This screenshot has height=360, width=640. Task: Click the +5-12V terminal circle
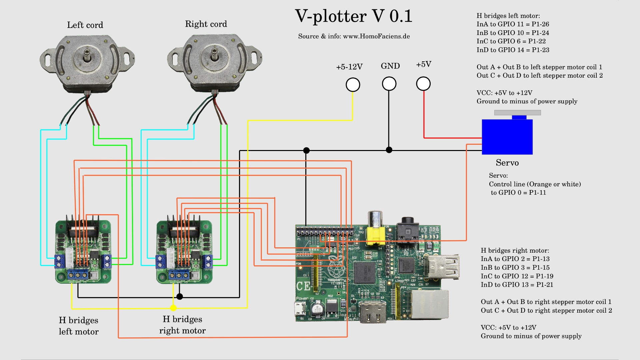[353, 85]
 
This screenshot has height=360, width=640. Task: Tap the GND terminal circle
[389, 84]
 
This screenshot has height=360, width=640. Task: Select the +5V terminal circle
[423, 84]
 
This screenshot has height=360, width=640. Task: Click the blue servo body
[507, 137]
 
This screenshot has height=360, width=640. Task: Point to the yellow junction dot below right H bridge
[173, 308]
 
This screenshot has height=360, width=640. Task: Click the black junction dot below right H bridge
[180, 296]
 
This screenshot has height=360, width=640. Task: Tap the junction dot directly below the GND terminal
[389, 150]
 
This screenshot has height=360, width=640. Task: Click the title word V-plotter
[331, 16]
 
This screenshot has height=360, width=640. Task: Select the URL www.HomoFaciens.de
[376, 36]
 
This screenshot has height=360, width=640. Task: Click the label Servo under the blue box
[507, 163]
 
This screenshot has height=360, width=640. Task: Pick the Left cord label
[85, 25]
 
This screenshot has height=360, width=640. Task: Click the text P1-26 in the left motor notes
[540, 24]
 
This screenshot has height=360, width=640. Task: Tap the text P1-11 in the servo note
[537, 193]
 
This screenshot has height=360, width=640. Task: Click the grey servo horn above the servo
[517, 113]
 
